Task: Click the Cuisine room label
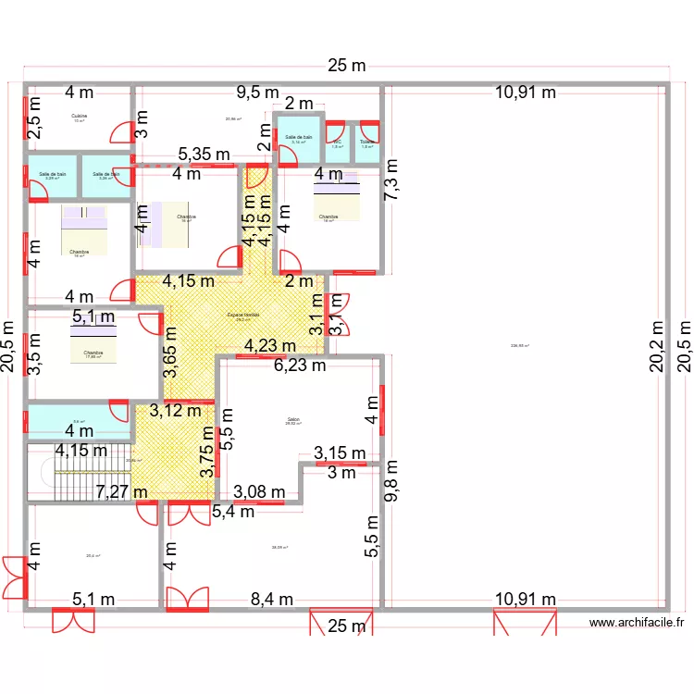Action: coord(79,116)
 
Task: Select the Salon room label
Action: coord(293,419)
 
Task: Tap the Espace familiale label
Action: coord(244,316)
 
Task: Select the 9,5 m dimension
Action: coord(257,92)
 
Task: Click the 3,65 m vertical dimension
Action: coord(170,355)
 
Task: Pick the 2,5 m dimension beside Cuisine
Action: coord(33,122)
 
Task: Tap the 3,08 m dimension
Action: coord(259,491)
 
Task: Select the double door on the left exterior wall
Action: coord(14,577)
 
